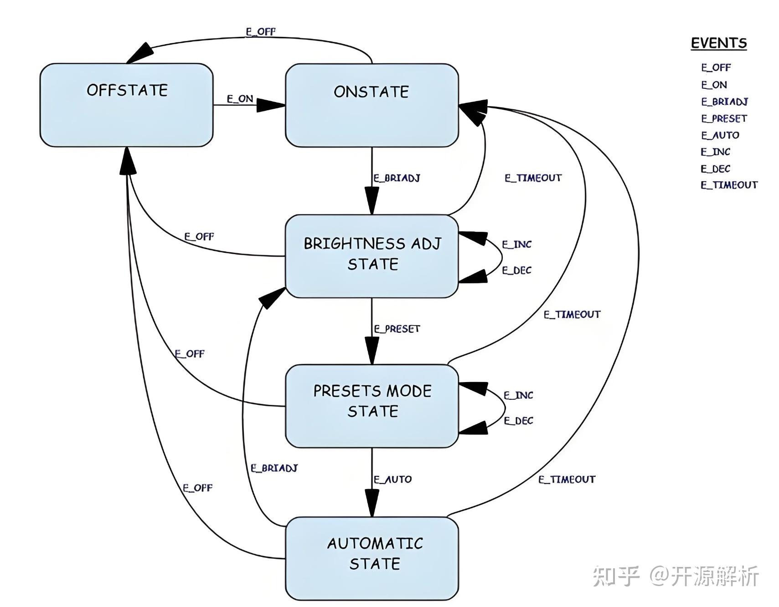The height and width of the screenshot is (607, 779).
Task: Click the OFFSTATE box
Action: click(126, 105)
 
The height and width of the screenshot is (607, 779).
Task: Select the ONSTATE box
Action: click(371, 105)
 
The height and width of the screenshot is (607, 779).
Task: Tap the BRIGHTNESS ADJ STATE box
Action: click(371, 255)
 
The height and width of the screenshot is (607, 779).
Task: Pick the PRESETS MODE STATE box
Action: click(371, 405)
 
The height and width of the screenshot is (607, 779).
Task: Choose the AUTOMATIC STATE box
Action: click(371, 557)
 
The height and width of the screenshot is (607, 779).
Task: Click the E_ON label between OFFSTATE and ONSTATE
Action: click(240, 99)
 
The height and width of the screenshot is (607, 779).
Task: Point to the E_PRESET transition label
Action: click(397, 328)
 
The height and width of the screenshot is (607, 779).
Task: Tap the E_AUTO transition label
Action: click(392, 479)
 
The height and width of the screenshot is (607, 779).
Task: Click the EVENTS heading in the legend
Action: click(718, 43)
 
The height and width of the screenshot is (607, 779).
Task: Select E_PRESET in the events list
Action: click(723, 118)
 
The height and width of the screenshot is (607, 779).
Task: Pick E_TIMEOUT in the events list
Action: click(728, 185)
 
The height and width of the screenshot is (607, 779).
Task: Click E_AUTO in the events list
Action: click(720, 135)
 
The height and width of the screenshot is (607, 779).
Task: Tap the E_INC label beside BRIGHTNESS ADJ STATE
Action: click(516, 245)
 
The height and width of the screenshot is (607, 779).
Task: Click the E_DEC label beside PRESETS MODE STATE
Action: click(518, 421)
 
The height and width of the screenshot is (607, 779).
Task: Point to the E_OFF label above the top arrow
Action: click(260, 31)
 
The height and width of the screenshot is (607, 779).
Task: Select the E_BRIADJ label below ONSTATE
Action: click(396, 178)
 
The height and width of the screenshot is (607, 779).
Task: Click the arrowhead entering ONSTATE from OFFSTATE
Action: click(271, 105)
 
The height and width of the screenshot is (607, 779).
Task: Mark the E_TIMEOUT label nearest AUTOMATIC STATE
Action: click(566, 479)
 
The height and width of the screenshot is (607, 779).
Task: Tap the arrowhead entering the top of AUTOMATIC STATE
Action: click(371, 504)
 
